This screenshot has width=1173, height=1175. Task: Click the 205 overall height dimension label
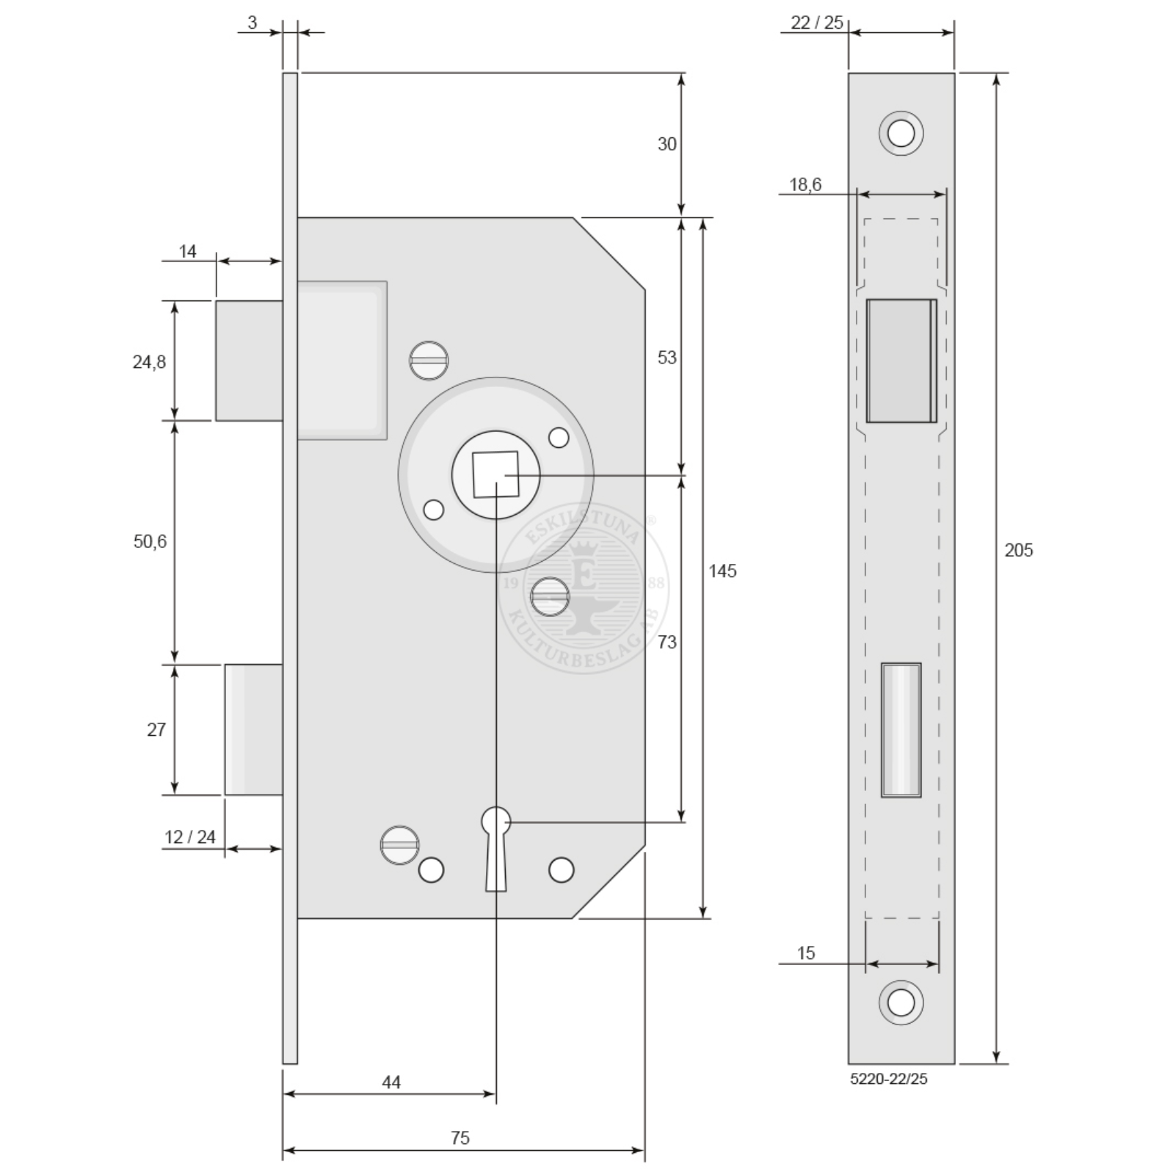click(1018, 550)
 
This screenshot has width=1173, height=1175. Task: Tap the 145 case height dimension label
click(722, 571)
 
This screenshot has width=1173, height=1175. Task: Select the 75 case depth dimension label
click(460, 1138)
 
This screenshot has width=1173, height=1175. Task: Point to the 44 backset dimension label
click(391, 1082)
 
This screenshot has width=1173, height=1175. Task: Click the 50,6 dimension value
click(150, 541)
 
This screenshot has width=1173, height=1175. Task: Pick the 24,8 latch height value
click(149, 361)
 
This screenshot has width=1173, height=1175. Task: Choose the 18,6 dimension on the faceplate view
click(805, 184)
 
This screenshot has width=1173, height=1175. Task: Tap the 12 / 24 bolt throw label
click(190, 836)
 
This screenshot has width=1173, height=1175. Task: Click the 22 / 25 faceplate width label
click(817, 23)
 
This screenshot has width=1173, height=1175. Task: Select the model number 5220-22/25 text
click(889, 1079)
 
